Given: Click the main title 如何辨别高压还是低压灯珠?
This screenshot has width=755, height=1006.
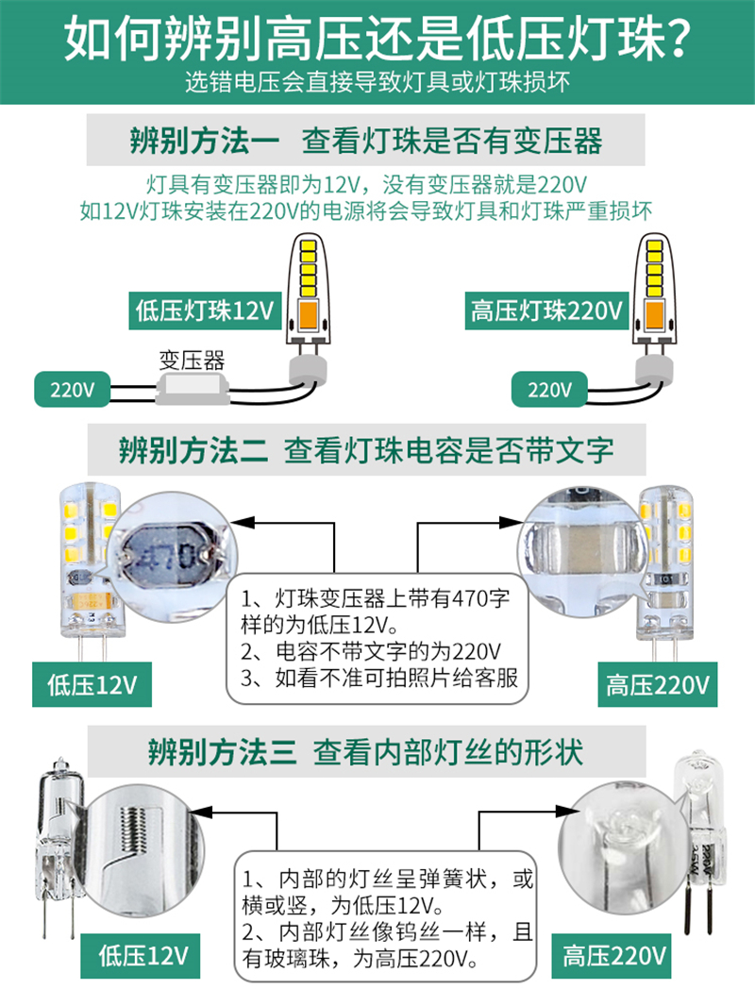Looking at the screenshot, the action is point(377,39).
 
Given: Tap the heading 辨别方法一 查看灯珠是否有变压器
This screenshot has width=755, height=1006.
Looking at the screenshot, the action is point(366,141).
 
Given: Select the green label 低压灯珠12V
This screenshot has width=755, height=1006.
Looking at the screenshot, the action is point(205,311).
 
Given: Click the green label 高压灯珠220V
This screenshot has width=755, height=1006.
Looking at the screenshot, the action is point(546,311).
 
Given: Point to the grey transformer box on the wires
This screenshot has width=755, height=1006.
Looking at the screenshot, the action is point(193,389).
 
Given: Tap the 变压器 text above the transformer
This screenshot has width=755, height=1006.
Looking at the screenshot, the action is point(192,360).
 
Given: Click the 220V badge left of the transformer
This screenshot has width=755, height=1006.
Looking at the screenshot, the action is point(72,390).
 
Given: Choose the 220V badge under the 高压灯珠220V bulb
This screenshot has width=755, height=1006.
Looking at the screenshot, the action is point(549,390).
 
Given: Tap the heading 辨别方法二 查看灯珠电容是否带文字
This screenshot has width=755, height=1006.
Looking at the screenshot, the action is point(366,450).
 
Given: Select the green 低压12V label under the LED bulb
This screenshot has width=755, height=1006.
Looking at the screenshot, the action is point(92,684).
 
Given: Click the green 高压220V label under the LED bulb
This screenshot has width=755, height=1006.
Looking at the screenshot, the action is point(658,684).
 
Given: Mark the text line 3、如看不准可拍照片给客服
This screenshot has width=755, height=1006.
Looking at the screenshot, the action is point(379,678).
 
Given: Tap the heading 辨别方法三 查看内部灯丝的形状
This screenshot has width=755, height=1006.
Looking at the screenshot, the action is point(365,752).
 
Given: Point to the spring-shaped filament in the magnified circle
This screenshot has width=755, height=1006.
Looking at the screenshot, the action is point(133,829).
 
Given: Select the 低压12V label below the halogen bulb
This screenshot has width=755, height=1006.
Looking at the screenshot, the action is point(141,955).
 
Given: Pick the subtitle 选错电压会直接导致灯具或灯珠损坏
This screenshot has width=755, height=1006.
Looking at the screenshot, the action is point(377,82).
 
